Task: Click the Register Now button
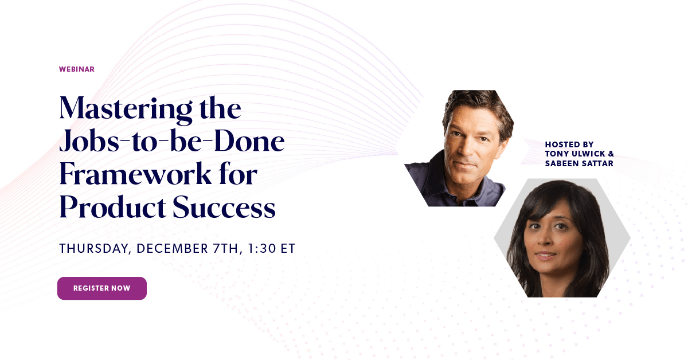tap(101, 288)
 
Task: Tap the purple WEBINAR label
tap(76, 69)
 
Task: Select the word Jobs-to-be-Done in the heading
tap(172, 143)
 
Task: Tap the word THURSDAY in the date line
tap(95, 249)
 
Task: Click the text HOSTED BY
tap(569, 144)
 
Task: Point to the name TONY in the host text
tap(556, 154)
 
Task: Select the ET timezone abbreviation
tap(288, 249)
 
